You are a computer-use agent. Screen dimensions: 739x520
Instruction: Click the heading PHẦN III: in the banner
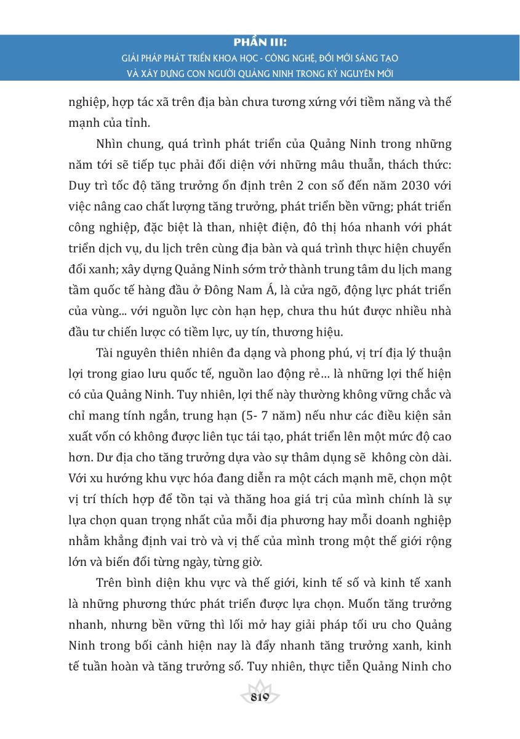click(260, 44)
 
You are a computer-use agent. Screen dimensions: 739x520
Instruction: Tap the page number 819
click(260, 697)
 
